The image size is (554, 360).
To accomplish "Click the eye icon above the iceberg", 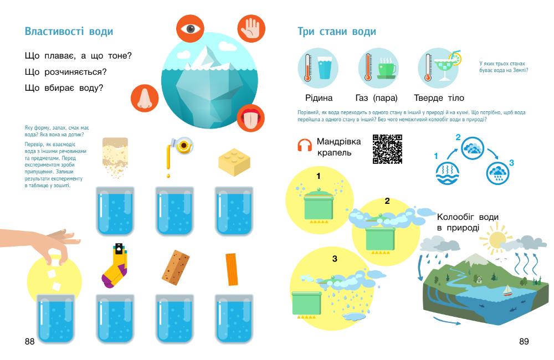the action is tap(191, 29).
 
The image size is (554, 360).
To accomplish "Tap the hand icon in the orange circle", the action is tap(251, 29).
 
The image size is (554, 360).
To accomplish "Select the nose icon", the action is tap(145, 98).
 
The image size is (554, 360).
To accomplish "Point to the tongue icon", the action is tap(251, 117).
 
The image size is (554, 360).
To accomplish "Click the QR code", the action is tap(387, 149).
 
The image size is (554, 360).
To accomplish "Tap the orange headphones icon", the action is tap(305, 145).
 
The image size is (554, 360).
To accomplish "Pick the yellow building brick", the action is tap(234, 162).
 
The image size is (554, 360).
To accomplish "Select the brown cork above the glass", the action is tap(176, 268).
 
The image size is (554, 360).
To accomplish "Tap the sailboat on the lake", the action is tap(507, 291).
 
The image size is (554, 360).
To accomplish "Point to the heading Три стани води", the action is tap(337, 32).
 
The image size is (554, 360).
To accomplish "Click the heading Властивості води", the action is tap(69, 32).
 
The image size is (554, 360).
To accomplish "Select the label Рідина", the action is tap(319, 98).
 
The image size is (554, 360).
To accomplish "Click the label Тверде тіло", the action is tap(439, 98).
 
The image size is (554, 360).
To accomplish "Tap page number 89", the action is tap(524, 341).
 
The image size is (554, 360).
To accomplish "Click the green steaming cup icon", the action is tap(387, 68).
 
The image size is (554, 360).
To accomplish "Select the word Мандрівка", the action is tap(339, 141).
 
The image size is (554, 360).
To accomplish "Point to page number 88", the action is tap(30, 341).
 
